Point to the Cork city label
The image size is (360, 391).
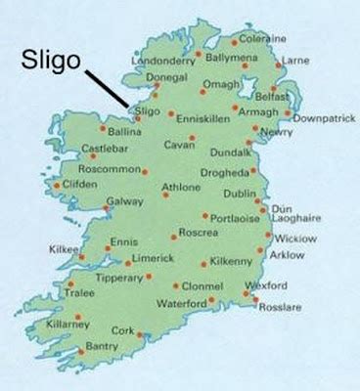pyautogui.click(x=121, y=330)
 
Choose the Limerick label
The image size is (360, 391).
pyautogui.click(x=150, y=259)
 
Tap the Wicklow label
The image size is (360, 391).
pyautogui.click(x=294, y=238)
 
